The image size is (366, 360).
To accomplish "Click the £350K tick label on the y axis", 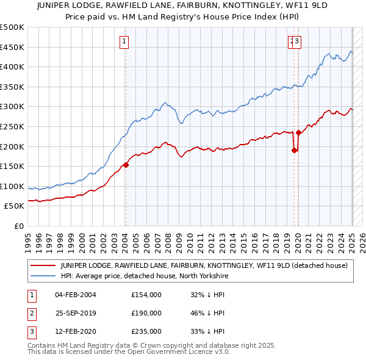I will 12,87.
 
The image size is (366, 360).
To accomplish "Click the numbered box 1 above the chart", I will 124,41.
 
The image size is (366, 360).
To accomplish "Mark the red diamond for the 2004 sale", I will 126,164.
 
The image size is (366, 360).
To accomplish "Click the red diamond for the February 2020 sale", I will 298,132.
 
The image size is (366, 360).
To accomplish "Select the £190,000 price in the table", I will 146,313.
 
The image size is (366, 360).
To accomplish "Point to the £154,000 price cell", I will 146,295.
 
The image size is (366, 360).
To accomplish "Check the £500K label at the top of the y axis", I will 12,27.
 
